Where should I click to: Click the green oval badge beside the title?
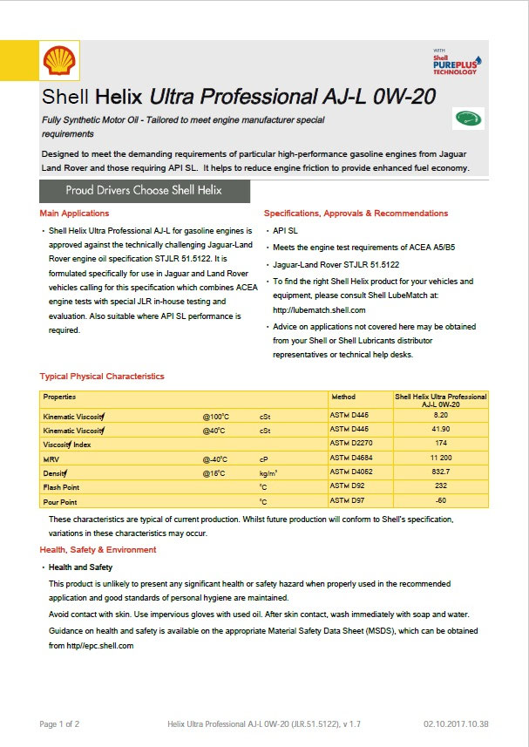pos(469,119)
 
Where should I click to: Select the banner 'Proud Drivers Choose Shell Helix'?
pos(145,190)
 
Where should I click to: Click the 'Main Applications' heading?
pos(74,214)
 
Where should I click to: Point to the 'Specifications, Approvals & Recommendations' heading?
pos(356,214)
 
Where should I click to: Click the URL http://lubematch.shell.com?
pos(319,309)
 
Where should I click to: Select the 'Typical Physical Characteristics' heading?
pos(102,377)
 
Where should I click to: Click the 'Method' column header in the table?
pos(343,397)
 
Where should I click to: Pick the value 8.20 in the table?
pos(440,416)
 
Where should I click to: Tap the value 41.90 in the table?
pos(440,430)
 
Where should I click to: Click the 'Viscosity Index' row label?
pos(67,444)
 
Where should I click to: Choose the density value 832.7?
pos(440,472)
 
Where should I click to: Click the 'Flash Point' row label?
pos(61,487)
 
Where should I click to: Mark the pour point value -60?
pos(440,501)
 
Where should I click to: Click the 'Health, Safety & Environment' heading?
pos(98,550)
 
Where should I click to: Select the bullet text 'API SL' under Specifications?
pos(285,231)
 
